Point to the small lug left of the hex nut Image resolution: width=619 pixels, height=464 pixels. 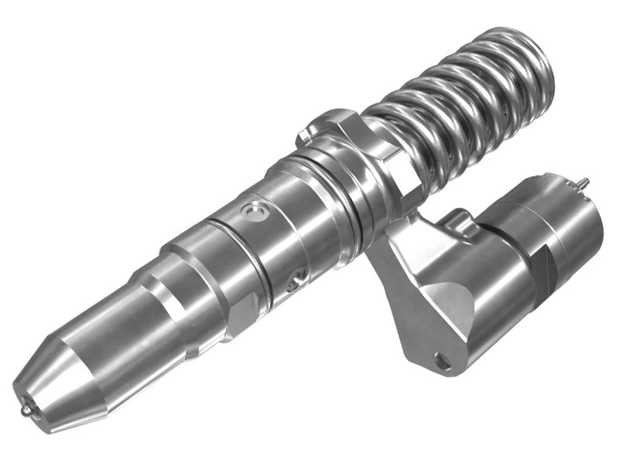tap(305, 134)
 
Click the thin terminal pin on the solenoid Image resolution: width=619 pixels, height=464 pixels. tap(583, 183)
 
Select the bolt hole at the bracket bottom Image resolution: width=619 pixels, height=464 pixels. tap(443, 359)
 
